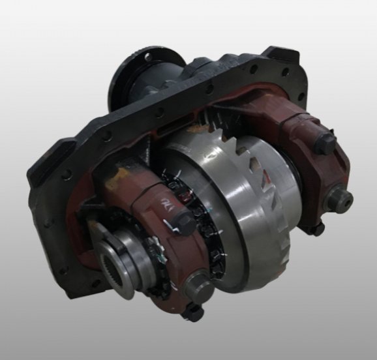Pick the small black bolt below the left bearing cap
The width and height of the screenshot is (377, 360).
pos(194,314)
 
